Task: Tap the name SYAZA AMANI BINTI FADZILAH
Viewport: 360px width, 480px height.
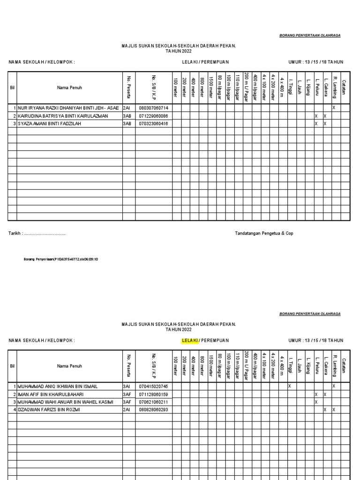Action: point(54,124)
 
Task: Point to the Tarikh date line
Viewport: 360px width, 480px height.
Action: point(37,233)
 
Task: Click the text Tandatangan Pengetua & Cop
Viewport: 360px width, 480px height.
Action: point(264,233)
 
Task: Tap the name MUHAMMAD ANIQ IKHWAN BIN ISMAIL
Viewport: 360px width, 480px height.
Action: point(58,386)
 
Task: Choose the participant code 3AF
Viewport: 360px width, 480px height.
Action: point(127,394)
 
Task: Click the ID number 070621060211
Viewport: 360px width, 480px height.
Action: point(152,402)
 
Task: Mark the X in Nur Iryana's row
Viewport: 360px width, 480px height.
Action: point(334,108)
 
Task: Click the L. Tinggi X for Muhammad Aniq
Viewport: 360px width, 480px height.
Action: point(289,386)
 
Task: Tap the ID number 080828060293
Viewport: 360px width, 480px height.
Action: point(152,410)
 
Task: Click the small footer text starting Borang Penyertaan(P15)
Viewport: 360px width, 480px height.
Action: point(61,259)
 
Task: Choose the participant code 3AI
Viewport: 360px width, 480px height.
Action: point(127,386)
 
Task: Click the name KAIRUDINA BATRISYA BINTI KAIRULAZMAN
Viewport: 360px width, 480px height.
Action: point(63,116)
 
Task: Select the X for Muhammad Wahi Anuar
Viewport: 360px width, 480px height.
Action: point(316,402)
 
